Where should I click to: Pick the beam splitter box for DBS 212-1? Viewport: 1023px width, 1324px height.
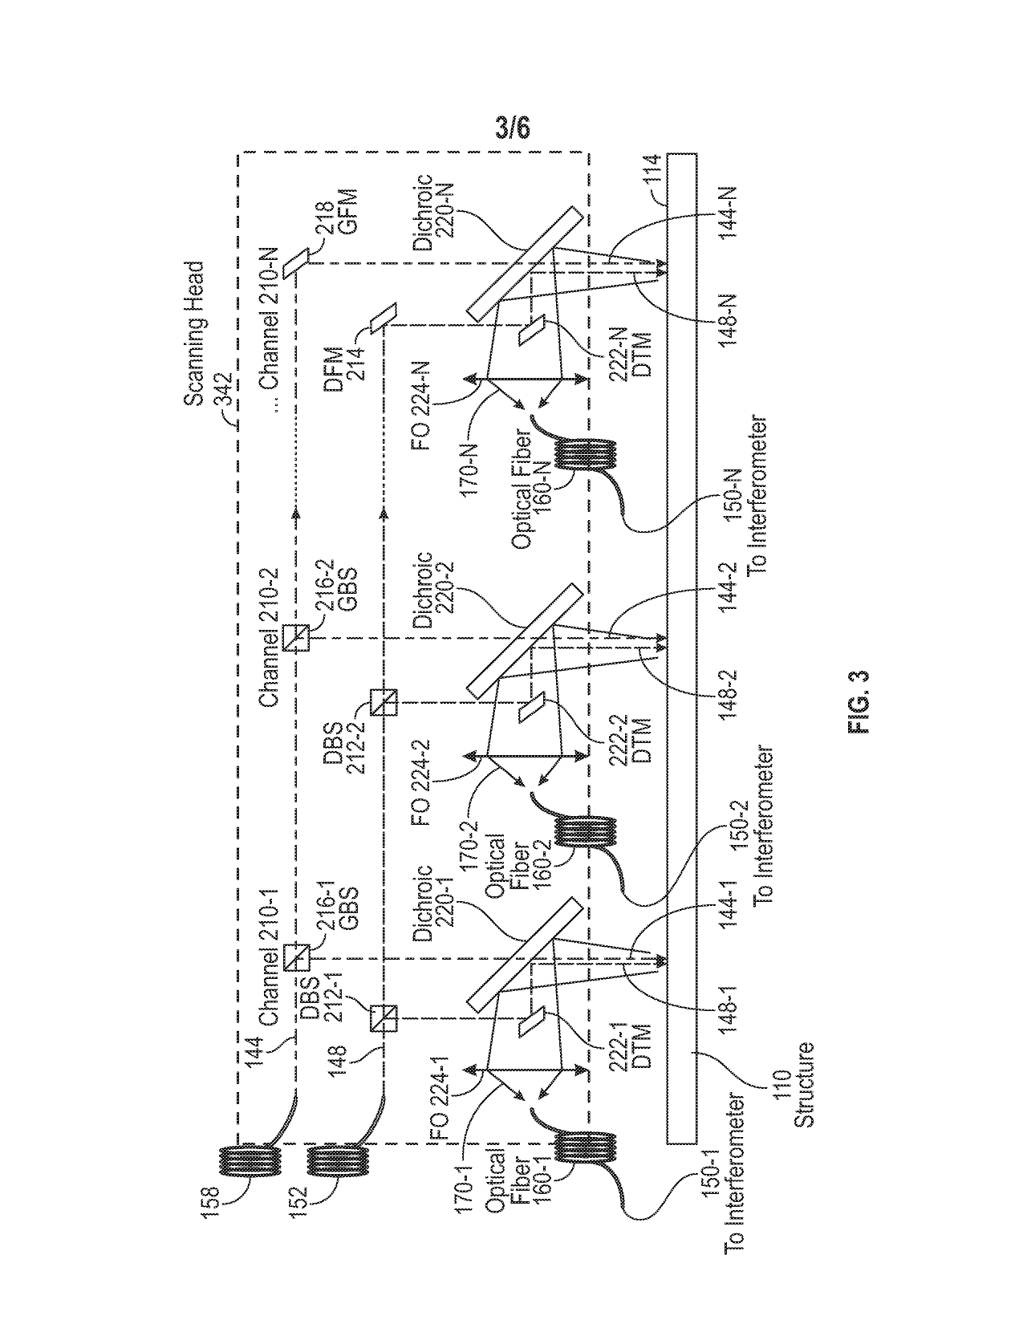pos(384,1019)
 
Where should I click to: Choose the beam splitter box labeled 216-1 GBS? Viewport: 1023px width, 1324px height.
pos(296,957)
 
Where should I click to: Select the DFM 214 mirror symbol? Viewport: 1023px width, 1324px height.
pos(384,317)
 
